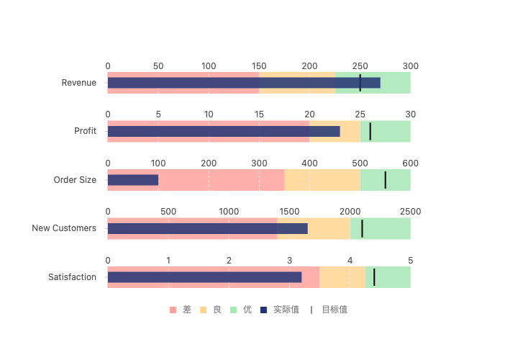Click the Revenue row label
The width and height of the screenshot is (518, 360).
click(78, 83)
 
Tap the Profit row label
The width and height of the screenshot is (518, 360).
click(85, 131)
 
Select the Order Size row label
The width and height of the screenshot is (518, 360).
click(75, 180)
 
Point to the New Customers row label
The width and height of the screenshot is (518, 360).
click(64, 228)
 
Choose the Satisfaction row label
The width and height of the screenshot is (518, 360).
click(72, 277)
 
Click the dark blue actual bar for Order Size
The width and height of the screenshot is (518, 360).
click(133, 180)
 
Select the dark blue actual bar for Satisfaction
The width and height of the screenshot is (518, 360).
click(204, 277)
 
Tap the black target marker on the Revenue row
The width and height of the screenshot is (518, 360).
click(360, 83)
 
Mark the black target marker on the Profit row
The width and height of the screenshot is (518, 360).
click(370, 131)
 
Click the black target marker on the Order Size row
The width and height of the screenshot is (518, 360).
click(386, 180)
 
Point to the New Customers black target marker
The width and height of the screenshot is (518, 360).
click(362, 228)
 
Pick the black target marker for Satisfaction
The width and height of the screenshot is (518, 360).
click(374, 277)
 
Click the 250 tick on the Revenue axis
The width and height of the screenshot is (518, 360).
click(360, 66)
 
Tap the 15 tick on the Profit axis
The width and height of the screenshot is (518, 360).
click(259, 114)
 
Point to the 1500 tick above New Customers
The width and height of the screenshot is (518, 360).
click(289, 212)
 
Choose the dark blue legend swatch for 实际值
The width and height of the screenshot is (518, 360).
click(263, 310)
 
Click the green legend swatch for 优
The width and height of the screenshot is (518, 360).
click(233, 310)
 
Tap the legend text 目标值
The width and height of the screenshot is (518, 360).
click(334, 310)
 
